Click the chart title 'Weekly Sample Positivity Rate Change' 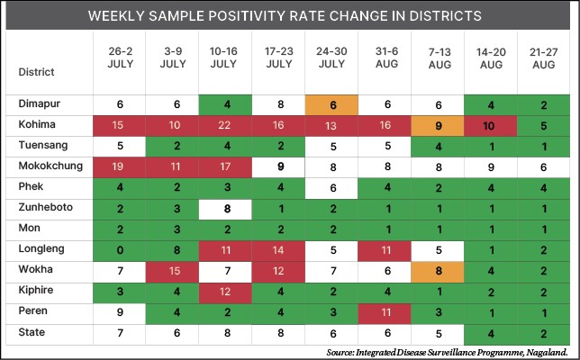click(x=290, y=16)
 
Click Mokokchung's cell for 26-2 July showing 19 click(x=121, y=166)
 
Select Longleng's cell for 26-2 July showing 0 click(x=121, y=248)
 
